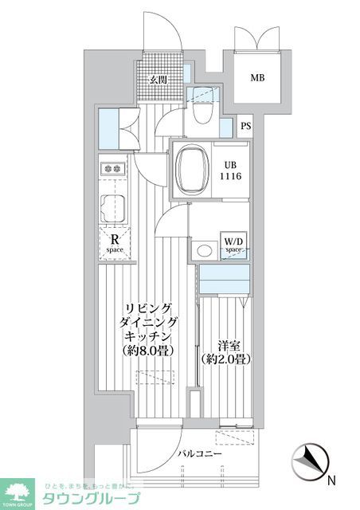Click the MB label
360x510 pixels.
point(257,78)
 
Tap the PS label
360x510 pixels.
point(246,126)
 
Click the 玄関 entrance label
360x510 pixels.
point(158,79)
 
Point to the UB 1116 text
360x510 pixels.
point(231,170)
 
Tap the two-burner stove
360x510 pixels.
point(112,168)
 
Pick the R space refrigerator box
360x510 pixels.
point(115,243)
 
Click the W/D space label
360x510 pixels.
point(233,244)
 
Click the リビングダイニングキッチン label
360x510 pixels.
point(150,322)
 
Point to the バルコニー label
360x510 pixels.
point(194,454)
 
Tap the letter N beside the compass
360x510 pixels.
point(331,481)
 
